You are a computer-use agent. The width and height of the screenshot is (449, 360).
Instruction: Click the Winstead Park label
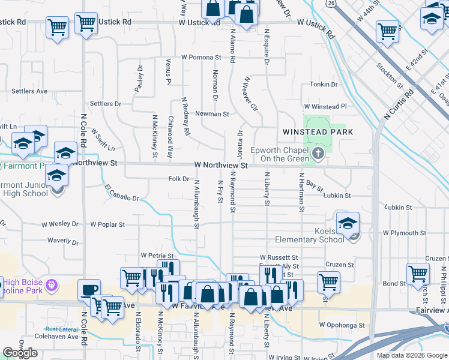(x=318, y=132)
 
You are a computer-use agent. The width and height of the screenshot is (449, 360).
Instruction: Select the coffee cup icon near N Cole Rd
(x=89, y=290)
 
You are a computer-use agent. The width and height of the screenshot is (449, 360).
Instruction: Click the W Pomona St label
(x=200, y=58)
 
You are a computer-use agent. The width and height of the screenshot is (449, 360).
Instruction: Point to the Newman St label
(x=215, y=113)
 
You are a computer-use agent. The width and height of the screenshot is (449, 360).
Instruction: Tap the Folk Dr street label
(x=178, y=179)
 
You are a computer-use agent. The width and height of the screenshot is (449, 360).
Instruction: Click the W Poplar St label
(x=107, y=225)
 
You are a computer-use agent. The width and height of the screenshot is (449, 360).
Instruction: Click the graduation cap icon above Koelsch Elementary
(x=348, y=223)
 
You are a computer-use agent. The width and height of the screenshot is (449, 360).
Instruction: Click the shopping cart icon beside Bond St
(x=418, y=274)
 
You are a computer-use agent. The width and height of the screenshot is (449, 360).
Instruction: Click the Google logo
(x=20, y=353)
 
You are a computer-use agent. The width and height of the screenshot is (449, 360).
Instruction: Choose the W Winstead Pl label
(x=326, y=106)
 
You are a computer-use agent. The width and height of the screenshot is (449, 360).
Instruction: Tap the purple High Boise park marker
(x=52, y=283)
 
